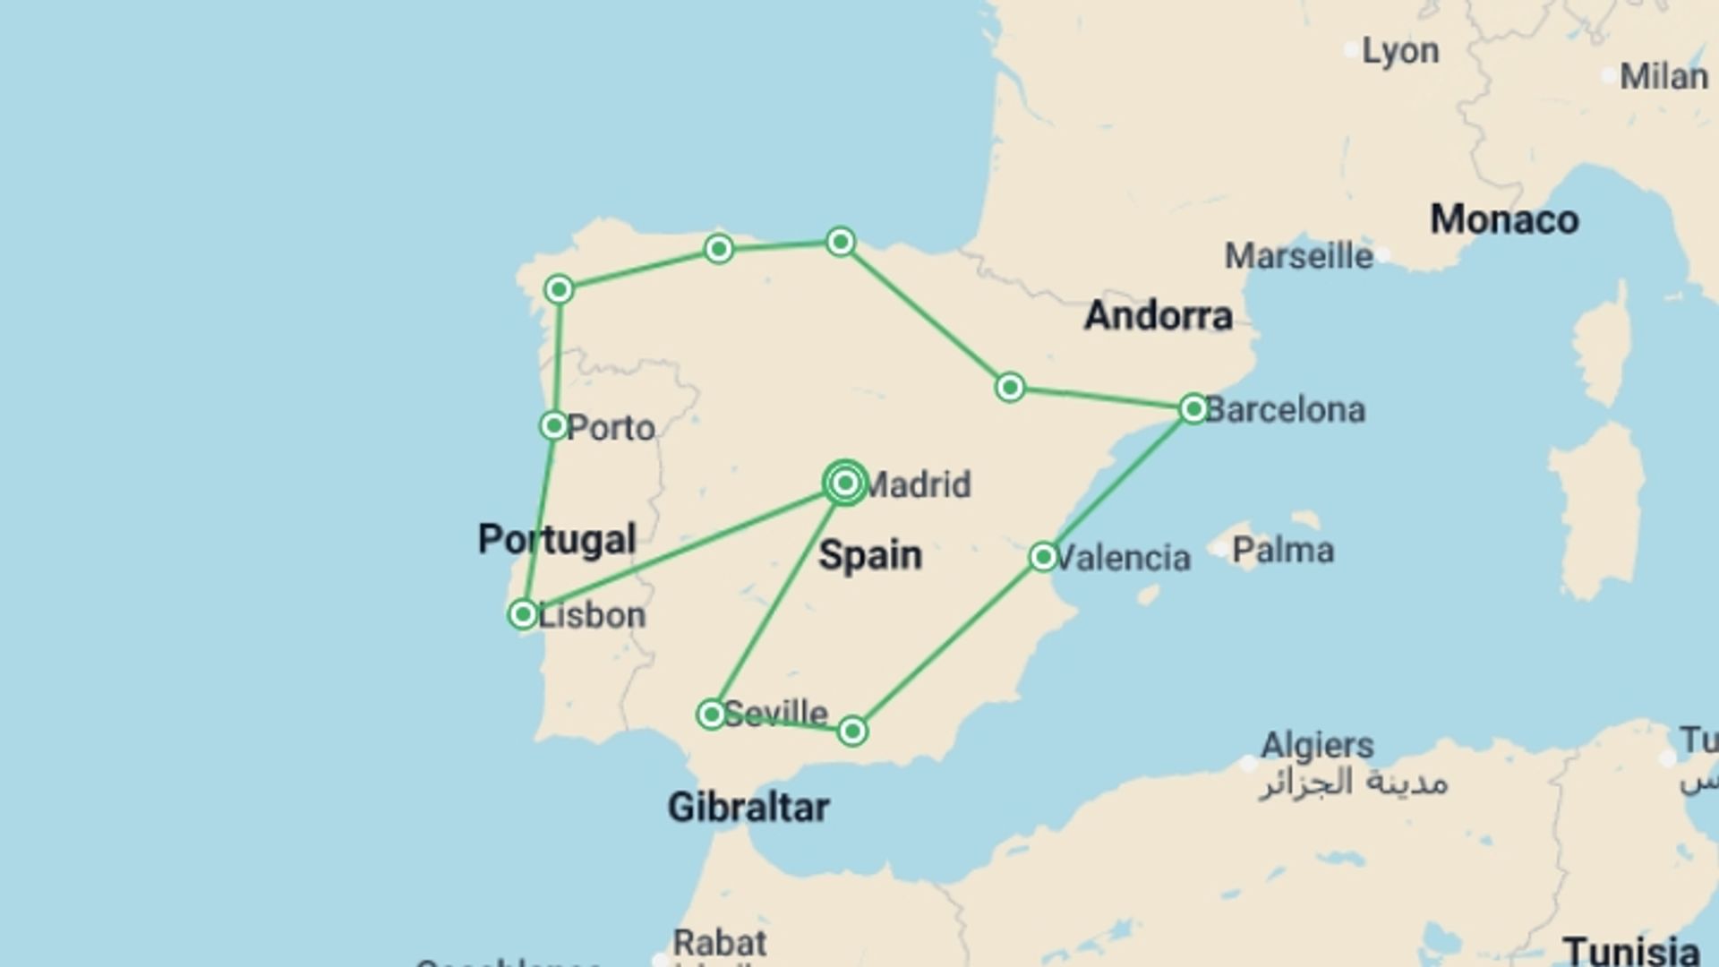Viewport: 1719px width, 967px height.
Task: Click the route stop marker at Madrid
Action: pyautogui.click(x=845, y=483)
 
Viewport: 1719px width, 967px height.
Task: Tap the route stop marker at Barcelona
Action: pyautogui.click(x=1193, y=409)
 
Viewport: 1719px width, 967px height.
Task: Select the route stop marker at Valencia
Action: pyautogui.click(x=1043, y=557)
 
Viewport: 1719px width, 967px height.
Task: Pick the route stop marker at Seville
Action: pyautogui.click(x=711, y=715)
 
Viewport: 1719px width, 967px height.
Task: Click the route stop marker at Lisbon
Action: pyautogui.click(x=523, y=614)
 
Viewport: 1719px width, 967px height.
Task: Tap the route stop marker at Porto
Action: pyautogui.click(x=554, y=425)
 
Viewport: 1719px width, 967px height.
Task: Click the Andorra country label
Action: pyautogui.click(x=1159, y=316)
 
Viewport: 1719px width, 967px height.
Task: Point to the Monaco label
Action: pyautogui.click(x=1504, y=220)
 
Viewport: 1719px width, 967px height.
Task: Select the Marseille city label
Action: pyautogui.click(x=1298, y=257)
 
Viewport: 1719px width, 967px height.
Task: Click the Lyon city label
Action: pyautogui.click(x=1400, y=52)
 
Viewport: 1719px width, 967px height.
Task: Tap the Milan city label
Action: pyautogui.click(x=1663, y=77)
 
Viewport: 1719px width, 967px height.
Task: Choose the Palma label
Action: pyautogui.click(x=1282, y=550)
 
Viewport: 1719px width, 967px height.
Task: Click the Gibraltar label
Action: pyautogui.click(x=748, y=808)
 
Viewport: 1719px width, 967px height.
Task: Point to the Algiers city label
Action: pyautogui.click(x=1317, y=745)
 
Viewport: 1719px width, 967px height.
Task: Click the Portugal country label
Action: pyautogui.click(x=557, y=539)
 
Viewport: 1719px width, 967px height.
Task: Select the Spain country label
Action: pyautogui.click(x=870, y=556)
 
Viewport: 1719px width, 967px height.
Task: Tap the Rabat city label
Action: pyautogui.click(x=720, y=943)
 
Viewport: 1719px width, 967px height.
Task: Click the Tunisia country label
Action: pyautogui.click(x=1631, y=950)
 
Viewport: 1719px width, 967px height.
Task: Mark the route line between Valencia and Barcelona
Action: pyautogui.click(x=1118, y=483)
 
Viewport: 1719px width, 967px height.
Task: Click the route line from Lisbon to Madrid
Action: pyautogui.click(x=684, y=549)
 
